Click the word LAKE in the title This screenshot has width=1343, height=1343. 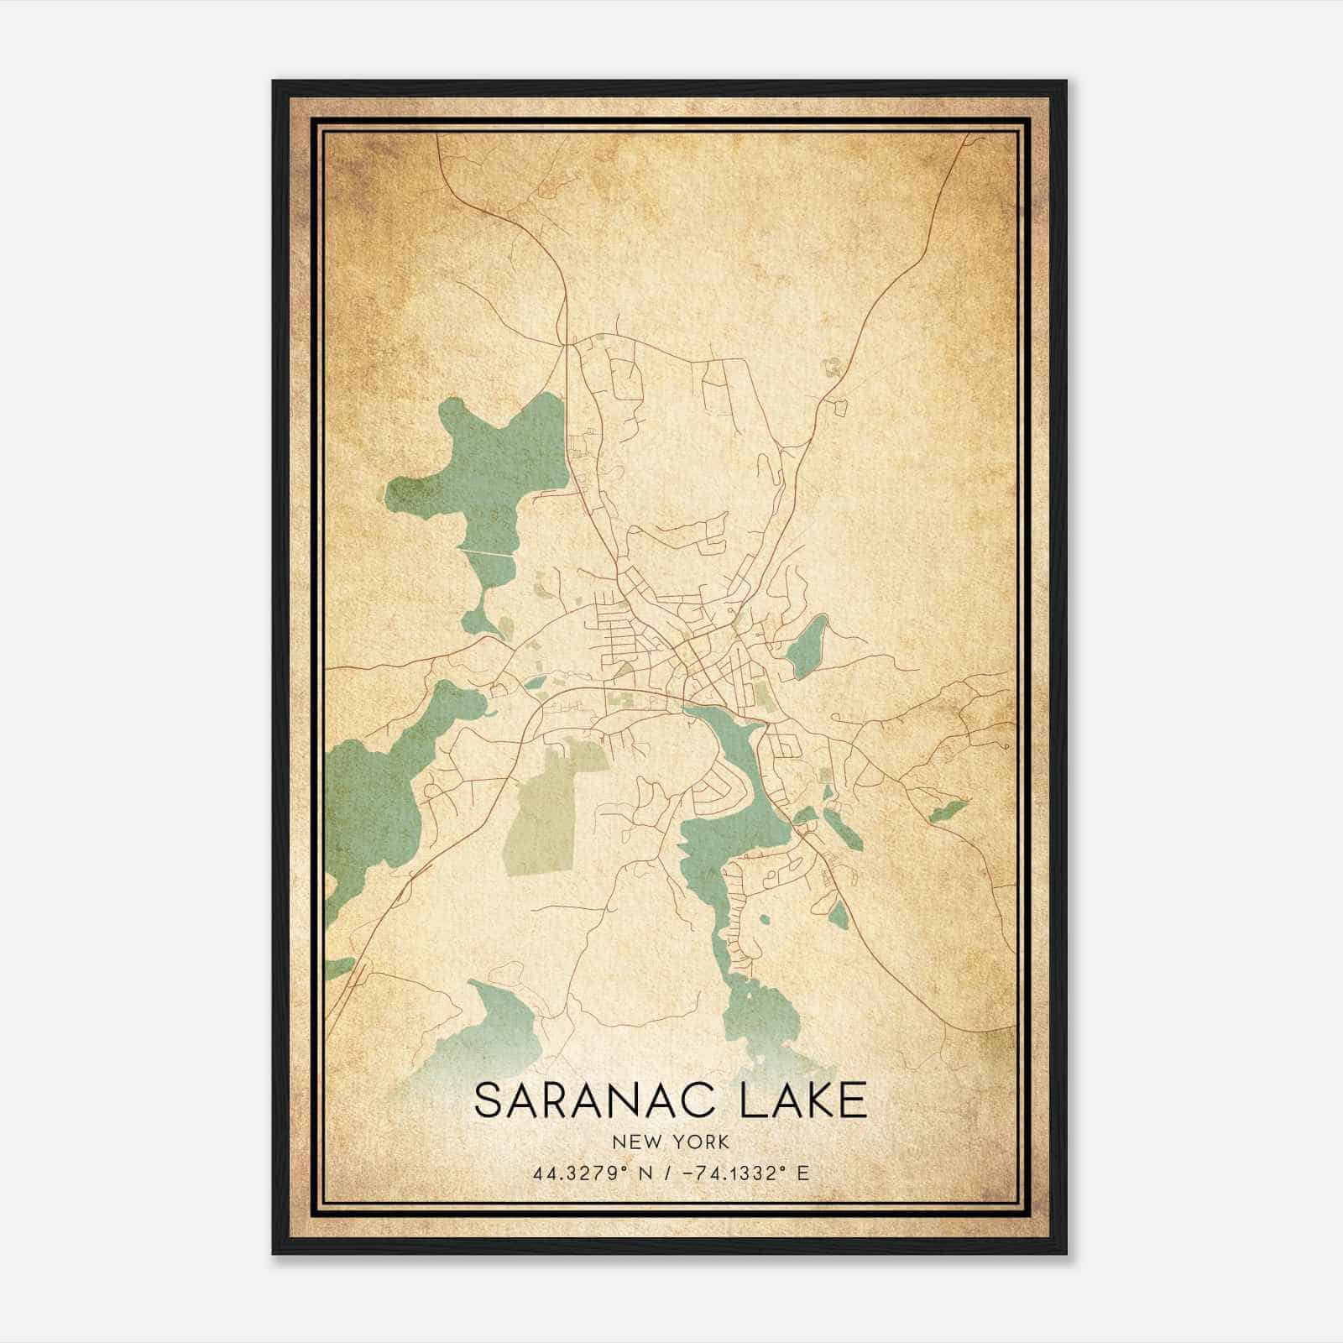coord(803,1100)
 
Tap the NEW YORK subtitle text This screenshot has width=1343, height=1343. coord(671,1142)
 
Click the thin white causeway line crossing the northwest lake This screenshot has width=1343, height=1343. coord(486,552)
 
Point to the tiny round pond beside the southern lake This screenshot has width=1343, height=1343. coord(763,919)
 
